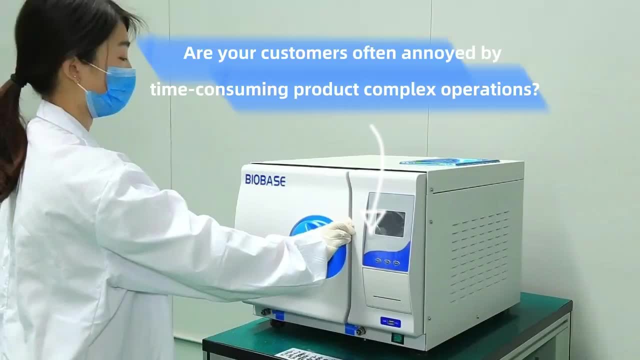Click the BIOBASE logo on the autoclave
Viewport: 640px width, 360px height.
pyautogui.click(x=265, y=180)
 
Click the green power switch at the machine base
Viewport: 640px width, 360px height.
pyautogui.click(x=397, y=338)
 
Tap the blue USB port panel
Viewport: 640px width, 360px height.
pyautogui.click(x=390, y=322)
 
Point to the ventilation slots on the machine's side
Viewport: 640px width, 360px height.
pyautogui.click(x=480, y=255)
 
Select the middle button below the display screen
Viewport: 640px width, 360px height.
pyautogui.click(x=387, y=261)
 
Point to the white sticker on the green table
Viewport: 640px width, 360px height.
pyautogui.click(x=305, y=354)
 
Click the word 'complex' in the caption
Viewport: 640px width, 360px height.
pyautogui.click(x=399, y=90)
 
